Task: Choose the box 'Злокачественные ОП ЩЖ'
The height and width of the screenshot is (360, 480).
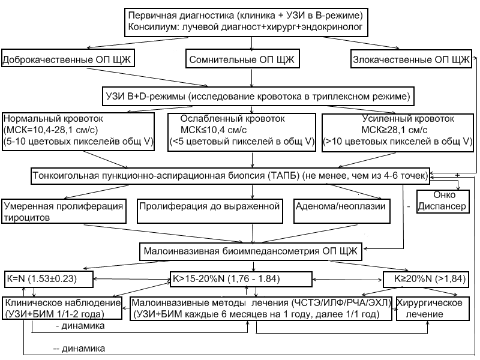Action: point(411,60)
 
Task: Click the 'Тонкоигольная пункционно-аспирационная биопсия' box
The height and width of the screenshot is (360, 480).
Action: point(230,175)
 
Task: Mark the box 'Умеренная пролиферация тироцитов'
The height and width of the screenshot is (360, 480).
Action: point(64,211)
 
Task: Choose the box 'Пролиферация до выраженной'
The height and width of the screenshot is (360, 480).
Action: point(210,206)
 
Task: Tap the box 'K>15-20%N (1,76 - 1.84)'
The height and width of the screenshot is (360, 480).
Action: point(240,279)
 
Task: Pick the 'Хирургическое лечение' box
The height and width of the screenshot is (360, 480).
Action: point(433,308)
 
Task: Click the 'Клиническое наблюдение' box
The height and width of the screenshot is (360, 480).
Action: point(62,308)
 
